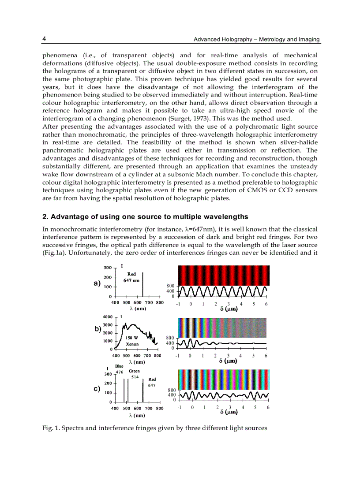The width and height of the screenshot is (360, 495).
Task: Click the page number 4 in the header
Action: [x=44, y=39]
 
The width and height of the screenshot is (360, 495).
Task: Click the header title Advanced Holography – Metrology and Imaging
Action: [x=257, y=40]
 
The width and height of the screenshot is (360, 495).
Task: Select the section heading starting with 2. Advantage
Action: [x=145, y=216]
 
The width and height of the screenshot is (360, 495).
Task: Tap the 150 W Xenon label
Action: [x=132, y=341]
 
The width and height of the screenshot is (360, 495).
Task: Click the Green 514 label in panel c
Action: [x=135, y=374]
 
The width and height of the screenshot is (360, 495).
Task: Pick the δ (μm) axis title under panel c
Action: [x=229, y=412]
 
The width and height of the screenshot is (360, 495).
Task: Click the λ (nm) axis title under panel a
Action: [x=137, y=309]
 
